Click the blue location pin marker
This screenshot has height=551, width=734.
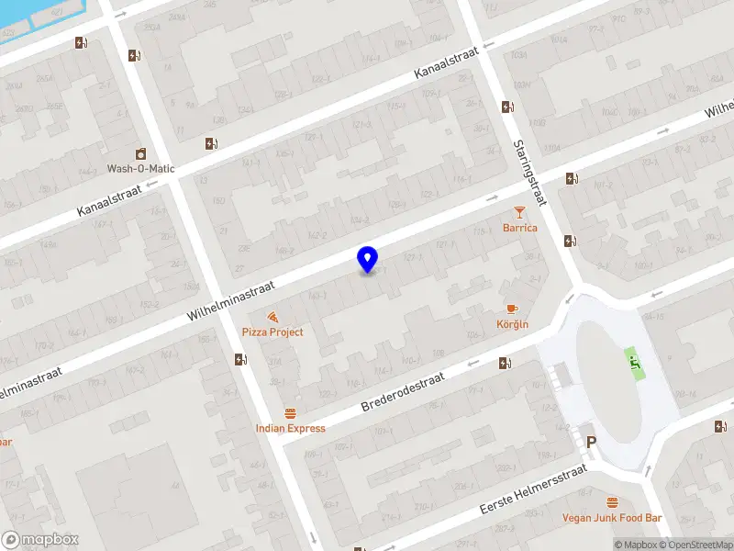(367, 259)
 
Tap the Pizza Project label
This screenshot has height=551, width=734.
(272, 332)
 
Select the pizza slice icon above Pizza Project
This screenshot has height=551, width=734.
(272, 316)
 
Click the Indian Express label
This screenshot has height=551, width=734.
(291, 428)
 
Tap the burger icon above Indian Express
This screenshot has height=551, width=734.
(291, 413)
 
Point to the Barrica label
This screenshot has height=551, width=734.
(520, 228)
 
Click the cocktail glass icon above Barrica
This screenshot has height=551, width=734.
(520, 213)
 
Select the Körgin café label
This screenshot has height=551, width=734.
(512, 324)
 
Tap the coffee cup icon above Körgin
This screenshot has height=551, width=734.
(512, 309)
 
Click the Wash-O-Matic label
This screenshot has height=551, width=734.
(140, 169)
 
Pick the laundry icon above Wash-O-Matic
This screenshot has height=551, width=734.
(140, 153)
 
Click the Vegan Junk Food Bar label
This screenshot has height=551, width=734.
(612, 518)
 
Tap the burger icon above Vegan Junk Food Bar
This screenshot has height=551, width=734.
(612, 502)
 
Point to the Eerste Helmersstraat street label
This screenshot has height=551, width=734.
(533, 489)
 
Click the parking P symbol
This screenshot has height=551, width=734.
(592, 443)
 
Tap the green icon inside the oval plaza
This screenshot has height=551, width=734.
(633, 361)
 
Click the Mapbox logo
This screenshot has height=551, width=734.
(40, 540)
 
